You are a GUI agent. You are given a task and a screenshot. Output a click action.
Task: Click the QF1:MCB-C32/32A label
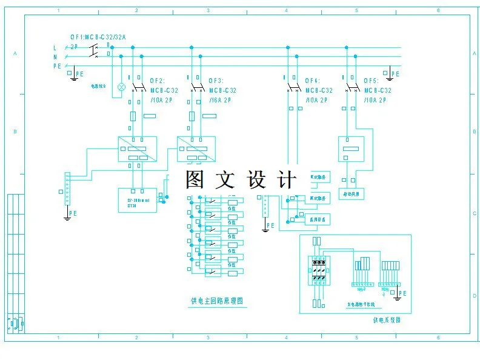click(98, 37)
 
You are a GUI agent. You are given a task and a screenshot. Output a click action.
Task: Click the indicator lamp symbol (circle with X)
click(121, 87)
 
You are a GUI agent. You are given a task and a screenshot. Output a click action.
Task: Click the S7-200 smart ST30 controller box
click(136, 200)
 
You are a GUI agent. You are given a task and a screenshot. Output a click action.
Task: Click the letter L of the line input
click(55, 47)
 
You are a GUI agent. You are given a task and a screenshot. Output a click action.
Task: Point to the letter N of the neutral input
click(55, 57)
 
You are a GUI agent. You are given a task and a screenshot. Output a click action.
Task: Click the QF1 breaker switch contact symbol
click(94, 52)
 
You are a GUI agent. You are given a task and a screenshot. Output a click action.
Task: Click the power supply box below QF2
click(137, 149)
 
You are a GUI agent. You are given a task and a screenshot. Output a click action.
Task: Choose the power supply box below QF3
click(196, 149)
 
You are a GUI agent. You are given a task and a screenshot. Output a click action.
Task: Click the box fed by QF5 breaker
click(350, 149)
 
